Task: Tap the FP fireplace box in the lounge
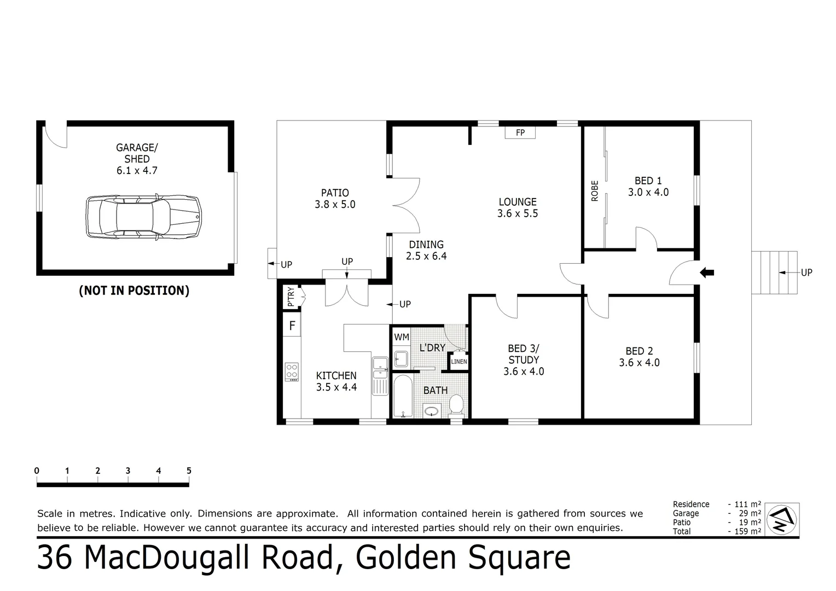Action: (520, 132)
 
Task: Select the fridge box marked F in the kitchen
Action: (292, 326)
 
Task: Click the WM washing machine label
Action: (401, 337)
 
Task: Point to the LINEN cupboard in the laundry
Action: (458, 362)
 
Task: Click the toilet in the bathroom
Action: (456, 404)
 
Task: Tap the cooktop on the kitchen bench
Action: (292, 372)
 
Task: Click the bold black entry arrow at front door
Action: (707, 273)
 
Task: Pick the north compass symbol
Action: (782, 519)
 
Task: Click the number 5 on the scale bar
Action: (189, 471)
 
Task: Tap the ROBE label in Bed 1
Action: (595, 191)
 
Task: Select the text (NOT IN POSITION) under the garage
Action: (134, 291)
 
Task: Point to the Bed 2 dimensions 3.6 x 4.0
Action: (639, 363)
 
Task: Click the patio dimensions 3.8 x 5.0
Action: (335, 205)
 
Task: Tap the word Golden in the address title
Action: (405, 558)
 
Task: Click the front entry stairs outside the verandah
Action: (773, 273)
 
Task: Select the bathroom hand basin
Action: (432, 410)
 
